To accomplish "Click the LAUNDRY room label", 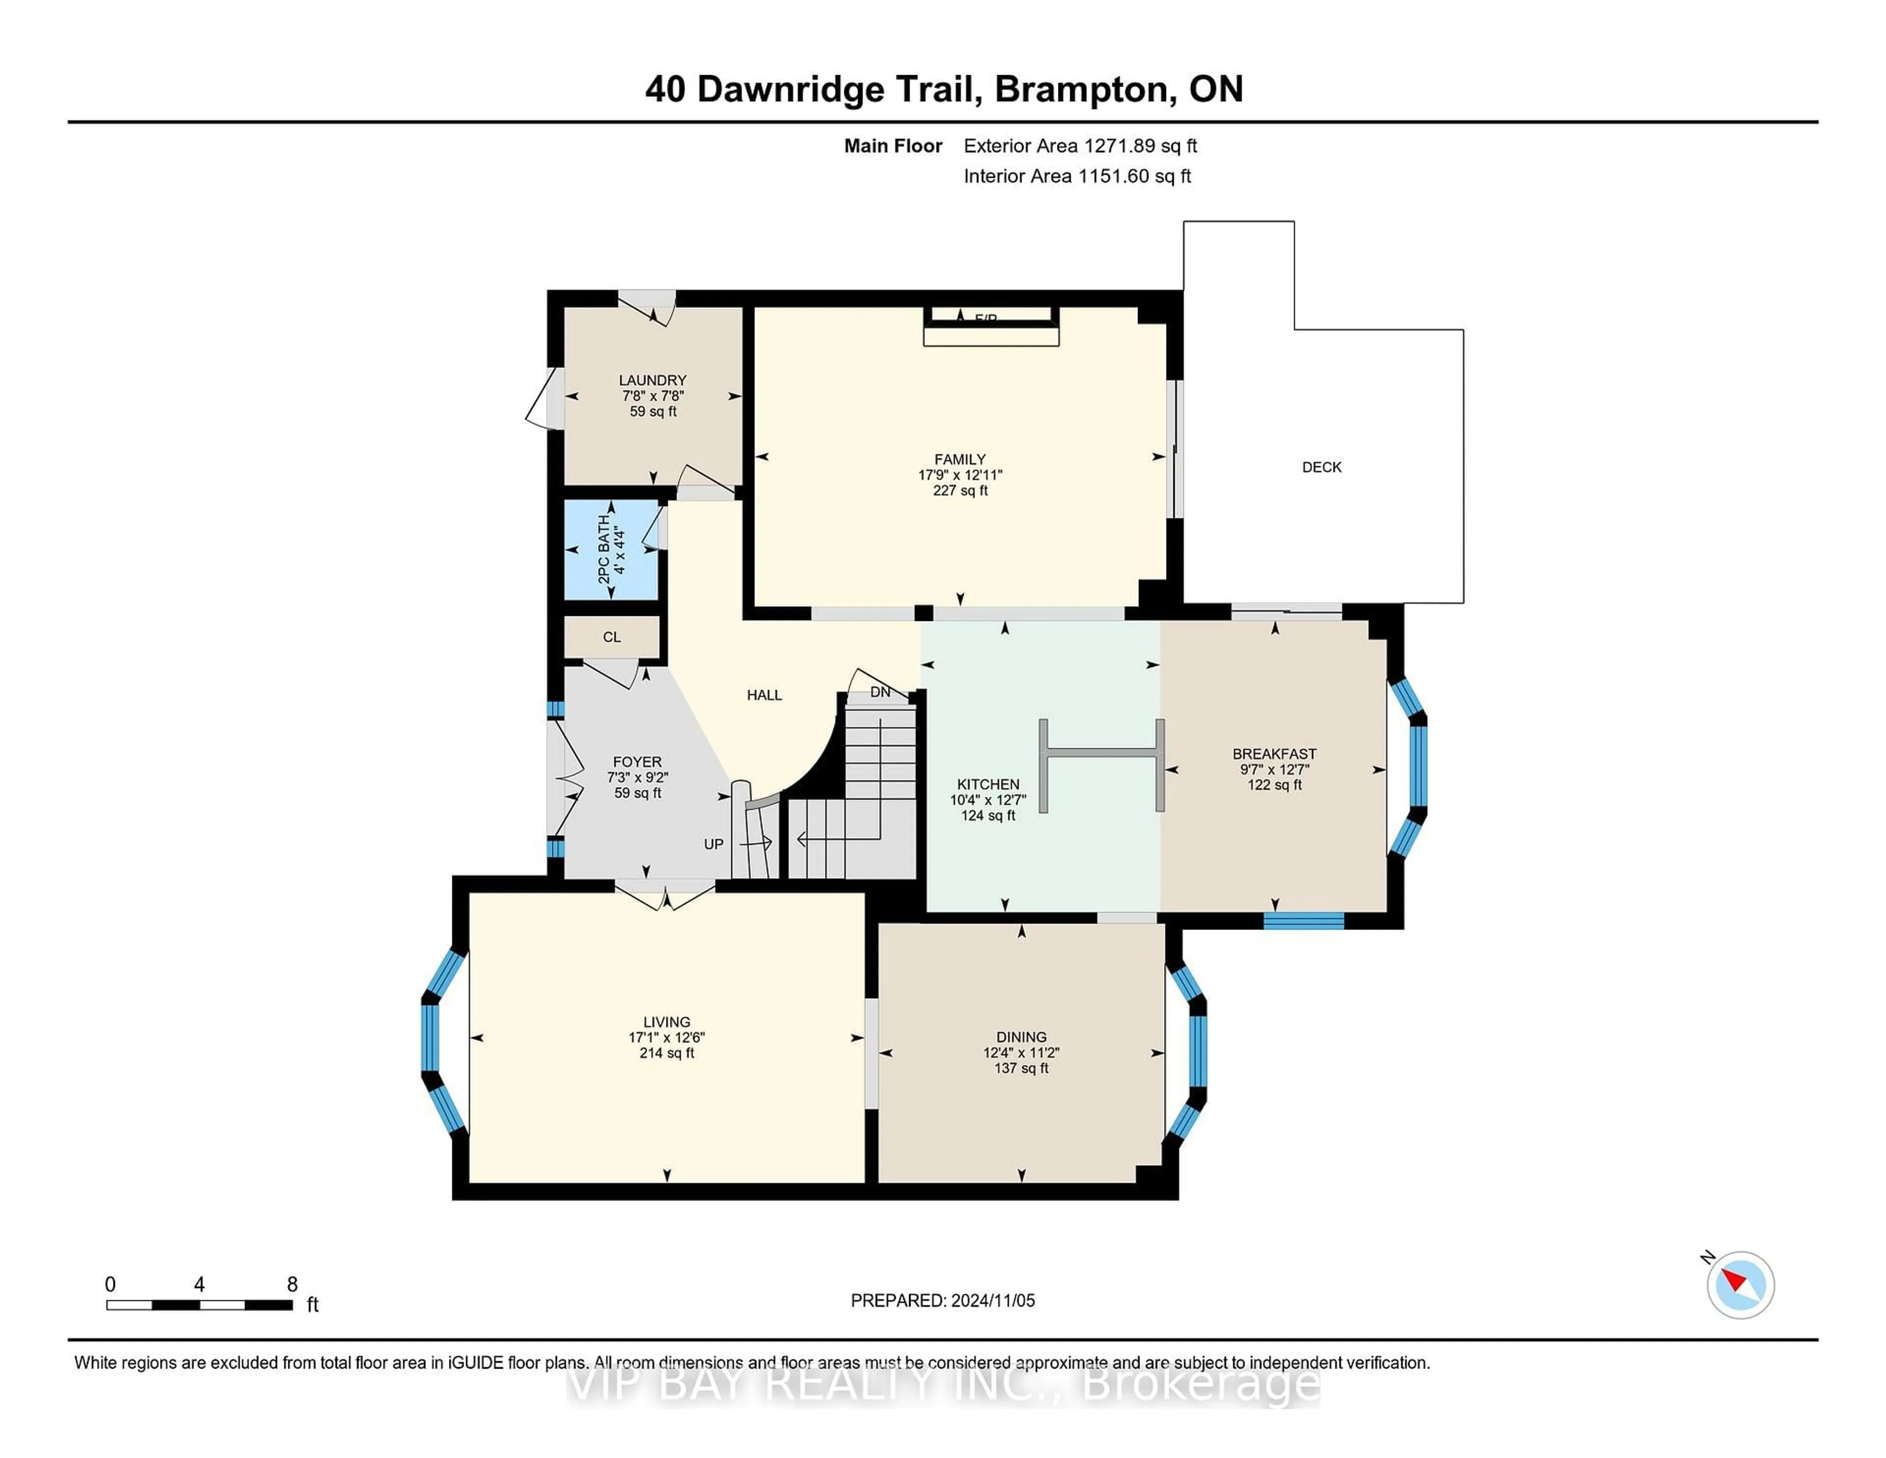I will pyautogui.click(x=652, y=380).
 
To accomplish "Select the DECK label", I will pyautogui.click(x=1321, y=467).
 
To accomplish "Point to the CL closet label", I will pyautogui.click(x=611, y=638).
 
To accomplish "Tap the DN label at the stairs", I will pyautogui.click(x=880, y=692).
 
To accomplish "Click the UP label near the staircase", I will pyautogui.click(x=713, y=844).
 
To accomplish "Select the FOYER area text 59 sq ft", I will pyautogui.click(x=638, y=793).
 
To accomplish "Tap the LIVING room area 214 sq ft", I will pyautogui.click(x=666, y=1053).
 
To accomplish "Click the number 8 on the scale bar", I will pyautogui.click(x=292, y=1285).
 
